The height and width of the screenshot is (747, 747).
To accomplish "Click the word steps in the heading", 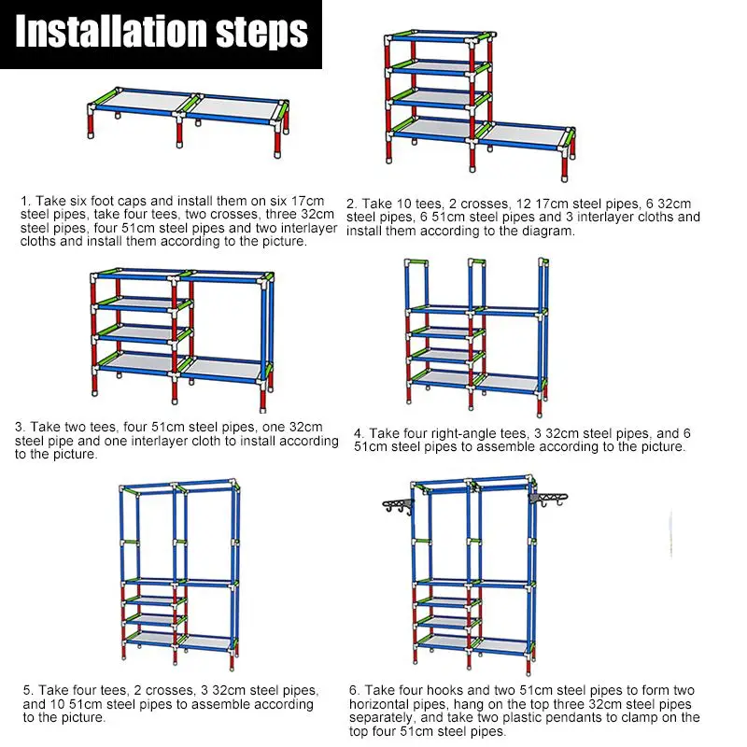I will click(x=264, y=33).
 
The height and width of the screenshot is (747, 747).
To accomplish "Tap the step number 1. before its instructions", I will click(x=26, y=201).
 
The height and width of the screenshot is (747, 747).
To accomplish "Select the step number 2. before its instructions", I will click(x=352, y=204).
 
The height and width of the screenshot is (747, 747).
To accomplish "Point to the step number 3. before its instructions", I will click(x=20, y=427).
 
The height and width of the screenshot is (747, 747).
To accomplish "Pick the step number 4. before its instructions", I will click(x=359, y=433).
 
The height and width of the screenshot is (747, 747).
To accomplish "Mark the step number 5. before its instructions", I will click(x=28, y=691).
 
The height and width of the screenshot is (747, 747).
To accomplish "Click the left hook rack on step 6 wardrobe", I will click(x=399, y=505).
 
